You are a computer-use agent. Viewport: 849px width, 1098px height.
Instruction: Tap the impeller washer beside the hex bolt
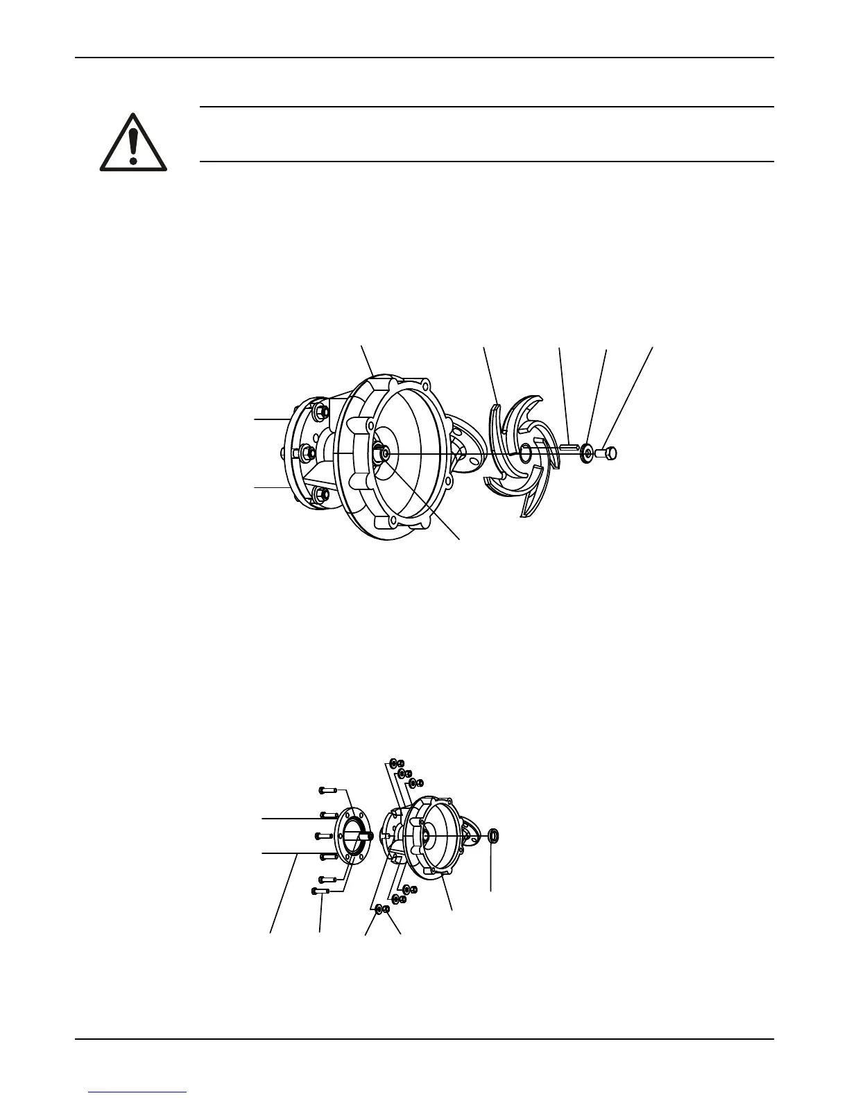[587, 453]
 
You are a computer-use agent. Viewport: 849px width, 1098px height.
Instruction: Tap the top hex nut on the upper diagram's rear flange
[321, 412]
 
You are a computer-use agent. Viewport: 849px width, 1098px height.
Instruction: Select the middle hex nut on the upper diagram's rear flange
[306, 453]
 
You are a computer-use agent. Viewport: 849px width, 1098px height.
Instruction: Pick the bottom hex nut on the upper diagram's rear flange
[320, 494]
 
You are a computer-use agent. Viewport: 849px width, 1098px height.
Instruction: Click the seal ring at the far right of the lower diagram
[492, 835]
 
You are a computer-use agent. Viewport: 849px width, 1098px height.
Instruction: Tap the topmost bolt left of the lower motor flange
[327, 790]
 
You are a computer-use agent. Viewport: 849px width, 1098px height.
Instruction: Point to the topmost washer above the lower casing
[393, 762]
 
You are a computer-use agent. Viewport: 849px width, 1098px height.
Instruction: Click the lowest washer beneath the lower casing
[379, 908]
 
